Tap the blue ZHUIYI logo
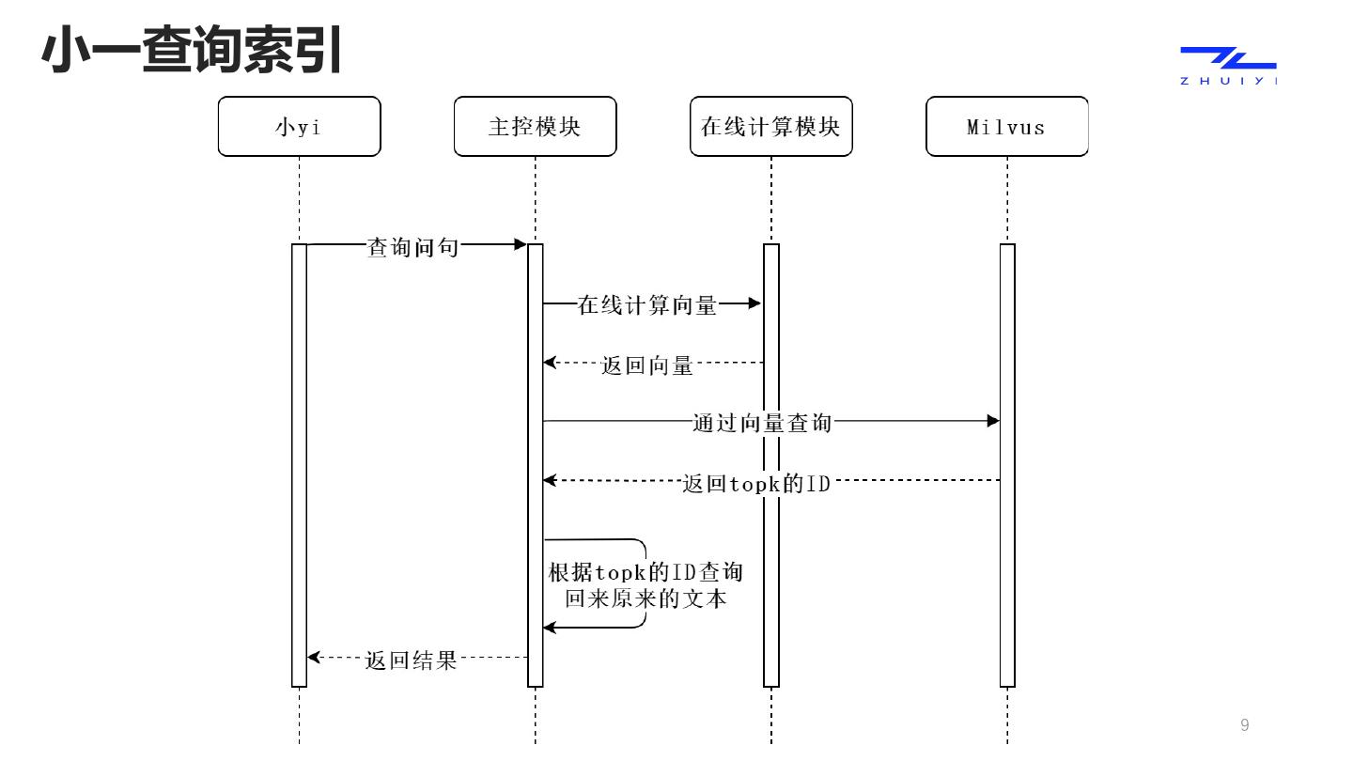pyautogui.click(x=1228, y=65)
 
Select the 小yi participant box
pyautogui.click(x=299, y=127)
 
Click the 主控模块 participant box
pyautogui.click(x=535, y=127)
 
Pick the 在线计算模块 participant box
pyautogui.click(x=770, y=127)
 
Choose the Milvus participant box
pyautogui.click(x=1006, y=127)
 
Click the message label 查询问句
pyautogui.click(x=413, y=247)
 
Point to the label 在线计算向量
pyautogui.click(x=647, y=305)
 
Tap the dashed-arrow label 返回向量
pyautogui.click(x=647, y=365)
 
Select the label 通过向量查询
pyautogui.click(x=762, y=423)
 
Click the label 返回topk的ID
pyautogui.click(x=756, y=485)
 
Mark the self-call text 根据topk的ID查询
pyautogui.click(x=645, y=572)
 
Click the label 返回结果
pyautogui.click(x=411, y=660)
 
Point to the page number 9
pyautogui.click(x=1245, y=724)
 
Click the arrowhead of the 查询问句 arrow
pyautogui.click(x=521, y=244)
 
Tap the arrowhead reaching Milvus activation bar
pyautogui.click(x=993, y=421)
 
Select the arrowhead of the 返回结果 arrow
pyautogui.click(x=315, y=658)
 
